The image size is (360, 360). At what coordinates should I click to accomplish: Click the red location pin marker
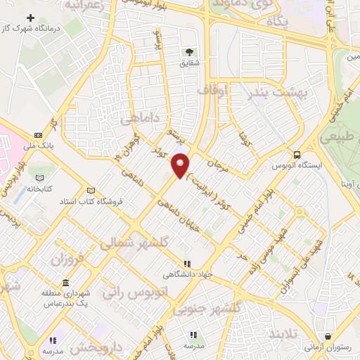pyautogui.click(x=181, y=165)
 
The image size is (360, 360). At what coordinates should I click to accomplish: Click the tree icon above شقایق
pyautogui.click(x=188, y=52)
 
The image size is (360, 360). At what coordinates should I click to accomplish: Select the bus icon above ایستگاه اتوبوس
pyautogui.click(x=297, y=155)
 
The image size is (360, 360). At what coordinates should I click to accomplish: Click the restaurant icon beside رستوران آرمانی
pyautogui.click(x=328, y=337)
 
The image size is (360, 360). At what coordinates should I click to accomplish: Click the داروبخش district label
pyautogui.click(x=91, y=349)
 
